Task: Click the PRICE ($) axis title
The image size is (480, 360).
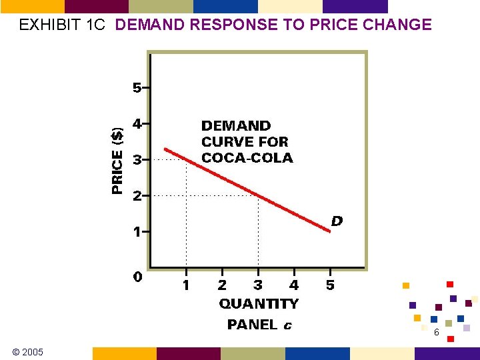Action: [118, 160]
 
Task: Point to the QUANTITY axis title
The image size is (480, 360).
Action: [259, 304]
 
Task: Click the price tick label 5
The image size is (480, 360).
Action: [137, 88]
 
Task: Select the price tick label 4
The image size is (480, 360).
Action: [137, 124]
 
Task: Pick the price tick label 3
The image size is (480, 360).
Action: [137, 160]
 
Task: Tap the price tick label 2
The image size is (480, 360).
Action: [137, 196]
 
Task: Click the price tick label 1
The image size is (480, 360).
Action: [137, 232]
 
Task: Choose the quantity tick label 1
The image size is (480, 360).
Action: [186, 285]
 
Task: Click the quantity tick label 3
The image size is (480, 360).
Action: [258, 285]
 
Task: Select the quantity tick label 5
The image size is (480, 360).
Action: [330, 285]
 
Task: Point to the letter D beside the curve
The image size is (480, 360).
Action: [337, 221]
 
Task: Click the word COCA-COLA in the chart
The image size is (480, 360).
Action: [247, 158]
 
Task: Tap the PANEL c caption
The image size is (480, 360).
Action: [259, 325]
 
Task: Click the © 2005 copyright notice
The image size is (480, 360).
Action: [27, 351]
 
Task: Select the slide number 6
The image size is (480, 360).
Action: [436, 333]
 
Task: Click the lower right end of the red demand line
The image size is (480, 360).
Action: [329, 231]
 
